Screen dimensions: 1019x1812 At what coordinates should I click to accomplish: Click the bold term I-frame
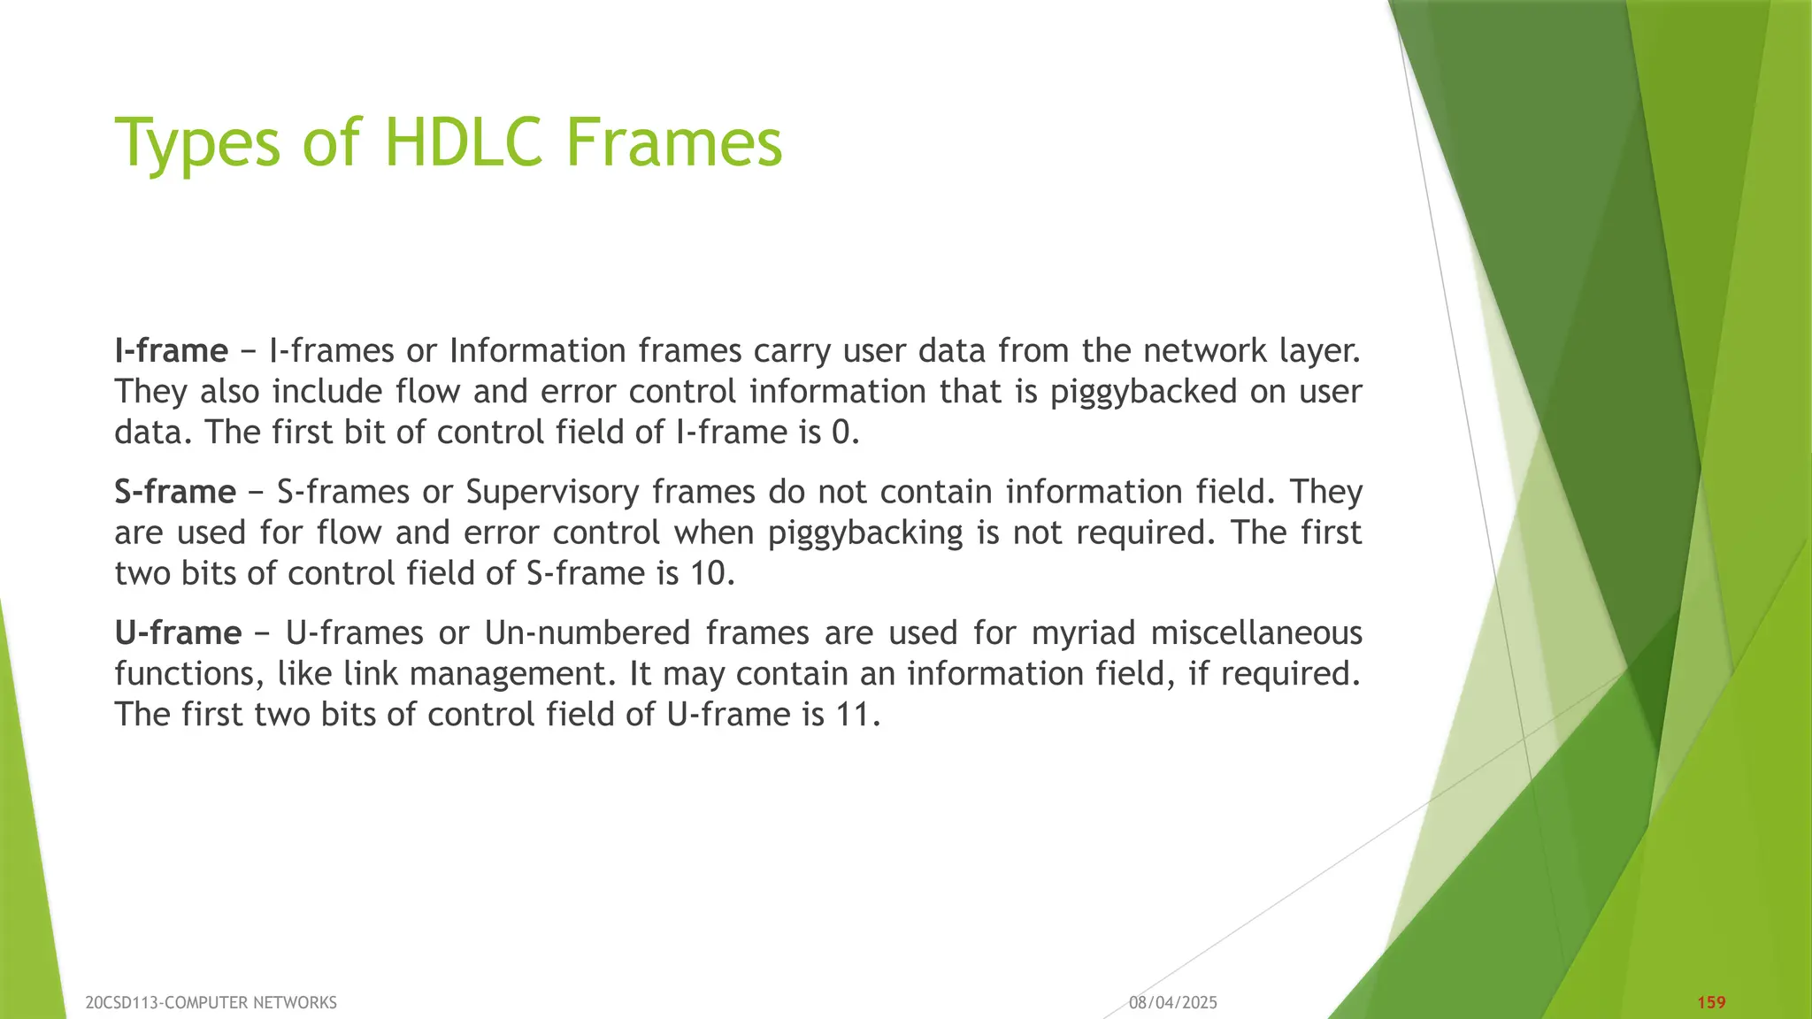171,351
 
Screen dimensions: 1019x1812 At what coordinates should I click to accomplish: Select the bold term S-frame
174,492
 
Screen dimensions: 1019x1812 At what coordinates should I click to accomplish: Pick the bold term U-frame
178,633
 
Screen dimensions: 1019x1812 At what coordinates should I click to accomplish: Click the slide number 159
1711,1002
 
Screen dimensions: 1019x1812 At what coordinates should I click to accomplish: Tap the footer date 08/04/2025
1172,1002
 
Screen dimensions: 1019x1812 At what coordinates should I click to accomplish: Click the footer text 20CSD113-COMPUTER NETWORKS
211,1002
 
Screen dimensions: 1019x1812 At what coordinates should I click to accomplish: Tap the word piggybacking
865,533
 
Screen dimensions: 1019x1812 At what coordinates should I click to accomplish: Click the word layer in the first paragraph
1317,352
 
